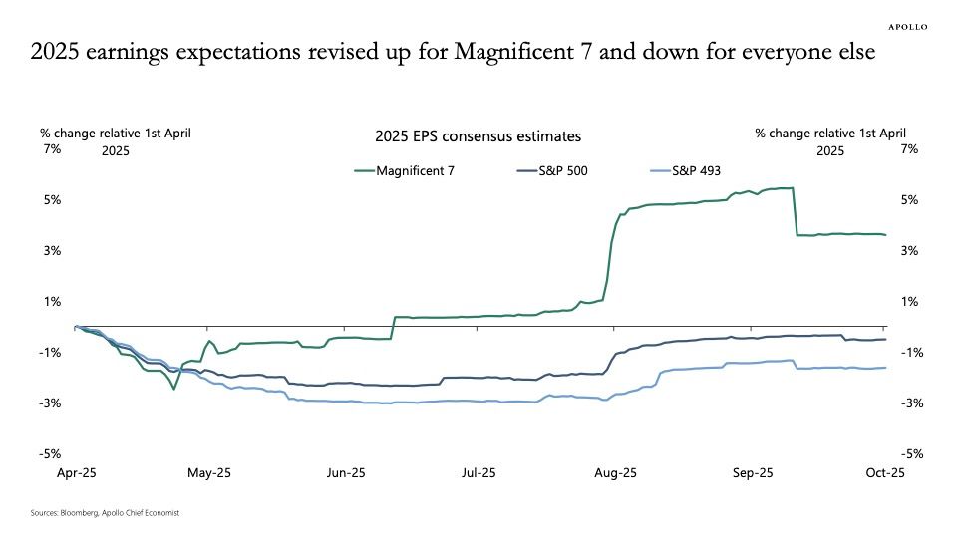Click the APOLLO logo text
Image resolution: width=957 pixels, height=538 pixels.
point(907,28)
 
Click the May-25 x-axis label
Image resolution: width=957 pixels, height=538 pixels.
point(208,473)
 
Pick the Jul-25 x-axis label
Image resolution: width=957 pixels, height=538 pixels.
point(478,473)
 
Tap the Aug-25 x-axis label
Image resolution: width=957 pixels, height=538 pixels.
point(615,473)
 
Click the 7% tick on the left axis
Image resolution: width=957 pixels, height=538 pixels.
point(52,149)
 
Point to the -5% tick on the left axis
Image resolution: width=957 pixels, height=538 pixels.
point(51,454)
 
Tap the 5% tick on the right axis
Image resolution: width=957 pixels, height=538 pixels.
point(908,200)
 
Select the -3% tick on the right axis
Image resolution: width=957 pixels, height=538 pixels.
point(908,403)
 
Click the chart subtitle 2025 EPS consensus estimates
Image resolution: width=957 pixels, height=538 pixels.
point(478,136)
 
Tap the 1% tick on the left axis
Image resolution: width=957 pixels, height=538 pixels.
point(52,302)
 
